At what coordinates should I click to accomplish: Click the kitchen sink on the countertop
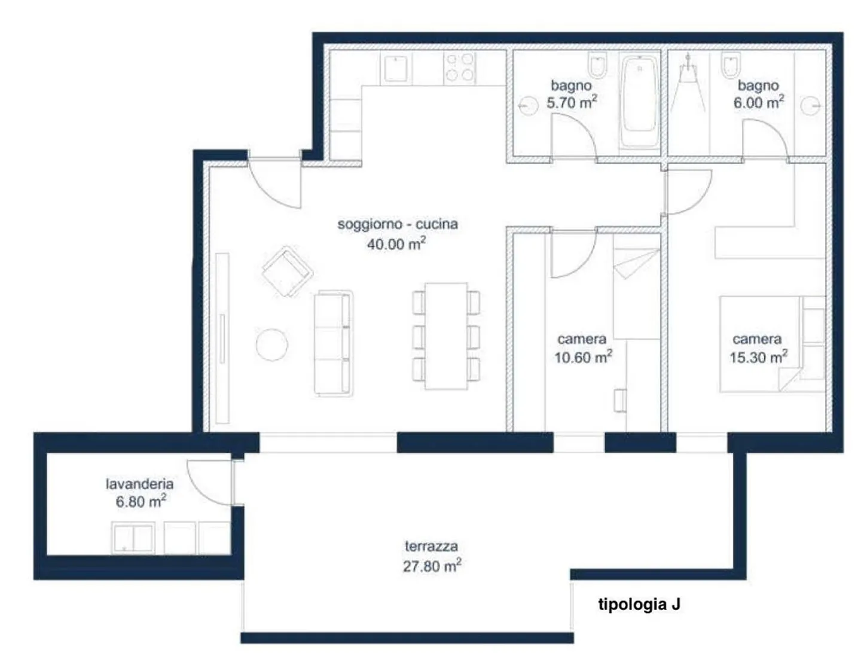tap(396, 69)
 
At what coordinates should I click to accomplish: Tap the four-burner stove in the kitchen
tap(459, 68)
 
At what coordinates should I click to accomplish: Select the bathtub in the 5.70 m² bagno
tap(639, 102)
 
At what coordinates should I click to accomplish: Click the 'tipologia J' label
tap(639, 605)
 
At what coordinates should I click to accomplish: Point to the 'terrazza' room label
tap(431, 546)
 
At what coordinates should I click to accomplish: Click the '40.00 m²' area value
tap(396, 243)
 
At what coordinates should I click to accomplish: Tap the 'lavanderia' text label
tap(139, 484)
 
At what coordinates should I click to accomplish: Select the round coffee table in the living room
tap(272, 344)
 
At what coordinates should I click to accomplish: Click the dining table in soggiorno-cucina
tap(446, 335)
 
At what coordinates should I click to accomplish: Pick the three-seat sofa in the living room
tap(333, 343)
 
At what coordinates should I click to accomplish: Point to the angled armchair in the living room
tap(287, 272)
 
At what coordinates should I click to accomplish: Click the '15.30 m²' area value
tap(758, 357)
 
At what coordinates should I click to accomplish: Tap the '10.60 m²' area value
tap(583, 357)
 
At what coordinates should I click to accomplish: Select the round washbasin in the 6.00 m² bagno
tap(810, 106)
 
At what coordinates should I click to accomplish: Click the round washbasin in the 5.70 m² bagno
tap(528, 106)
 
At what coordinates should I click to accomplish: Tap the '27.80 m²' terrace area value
tap(432, 566)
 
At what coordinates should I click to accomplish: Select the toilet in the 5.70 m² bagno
tap(597, 66)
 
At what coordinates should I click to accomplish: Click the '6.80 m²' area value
tap(141, 501)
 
